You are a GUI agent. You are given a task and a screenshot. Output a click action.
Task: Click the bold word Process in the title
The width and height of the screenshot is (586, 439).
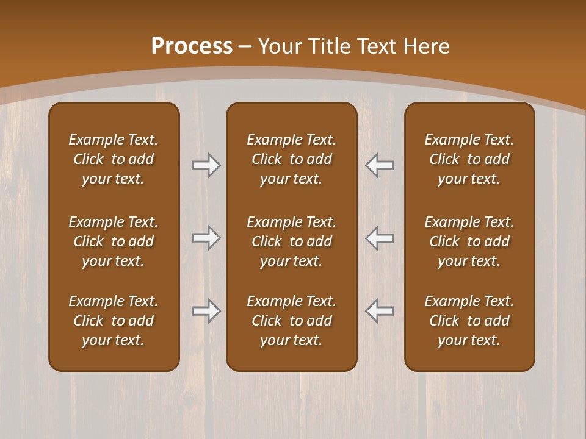[x=192, y=46]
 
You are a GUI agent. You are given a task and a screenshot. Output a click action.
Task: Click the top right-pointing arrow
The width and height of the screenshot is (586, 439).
[x=206, y=165]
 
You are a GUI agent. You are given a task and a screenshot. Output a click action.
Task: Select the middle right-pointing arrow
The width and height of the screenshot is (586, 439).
[x=206, y=238]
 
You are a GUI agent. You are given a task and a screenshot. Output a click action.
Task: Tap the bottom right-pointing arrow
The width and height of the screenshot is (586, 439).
[x=206, y=311]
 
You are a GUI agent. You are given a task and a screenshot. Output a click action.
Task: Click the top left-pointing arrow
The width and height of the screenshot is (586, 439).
[x=380, y=165]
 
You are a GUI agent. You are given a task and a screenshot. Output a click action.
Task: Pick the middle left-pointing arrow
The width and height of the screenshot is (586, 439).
[x=380, y=238]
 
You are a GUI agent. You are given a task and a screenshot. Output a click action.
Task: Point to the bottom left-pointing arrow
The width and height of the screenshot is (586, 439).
[x=380, y=311]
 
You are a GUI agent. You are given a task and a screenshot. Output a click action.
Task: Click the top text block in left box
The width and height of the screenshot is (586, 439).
[x=114, y=159]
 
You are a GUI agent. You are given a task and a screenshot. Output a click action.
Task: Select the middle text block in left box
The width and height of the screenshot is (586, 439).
[x=114, y=241]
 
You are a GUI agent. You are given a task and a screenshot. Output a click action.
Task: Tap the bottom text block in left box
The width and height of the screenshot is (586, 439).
[x=114, y=321]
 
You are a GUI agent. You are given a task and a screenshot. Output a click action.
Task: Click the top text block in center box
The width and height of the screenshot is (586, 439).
[x=291, y=159]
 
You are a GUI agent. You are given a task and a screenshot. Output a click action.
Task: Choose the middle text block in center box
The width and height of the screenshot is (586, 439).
[x=291, y=241]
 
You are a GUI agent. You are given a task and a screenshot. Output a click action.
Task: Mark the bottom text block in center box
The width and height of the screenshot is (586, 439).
[x=291, y=321]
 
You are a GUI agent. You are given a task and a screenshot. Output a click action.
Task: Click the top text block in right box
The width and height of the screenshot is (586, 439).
[x=469, y=159]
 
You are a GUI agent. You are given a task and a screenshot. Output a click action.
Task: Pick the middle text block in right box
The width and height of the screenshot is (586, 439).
[x=469, y=241]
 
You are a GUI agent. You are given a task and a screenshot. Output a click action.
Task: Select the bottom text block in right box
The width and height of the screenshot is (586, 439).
[x=469, y=321]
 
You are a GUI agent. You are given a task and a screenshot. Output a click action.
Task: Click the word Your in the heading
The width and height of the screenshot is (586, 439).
[x=279, y=46]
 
